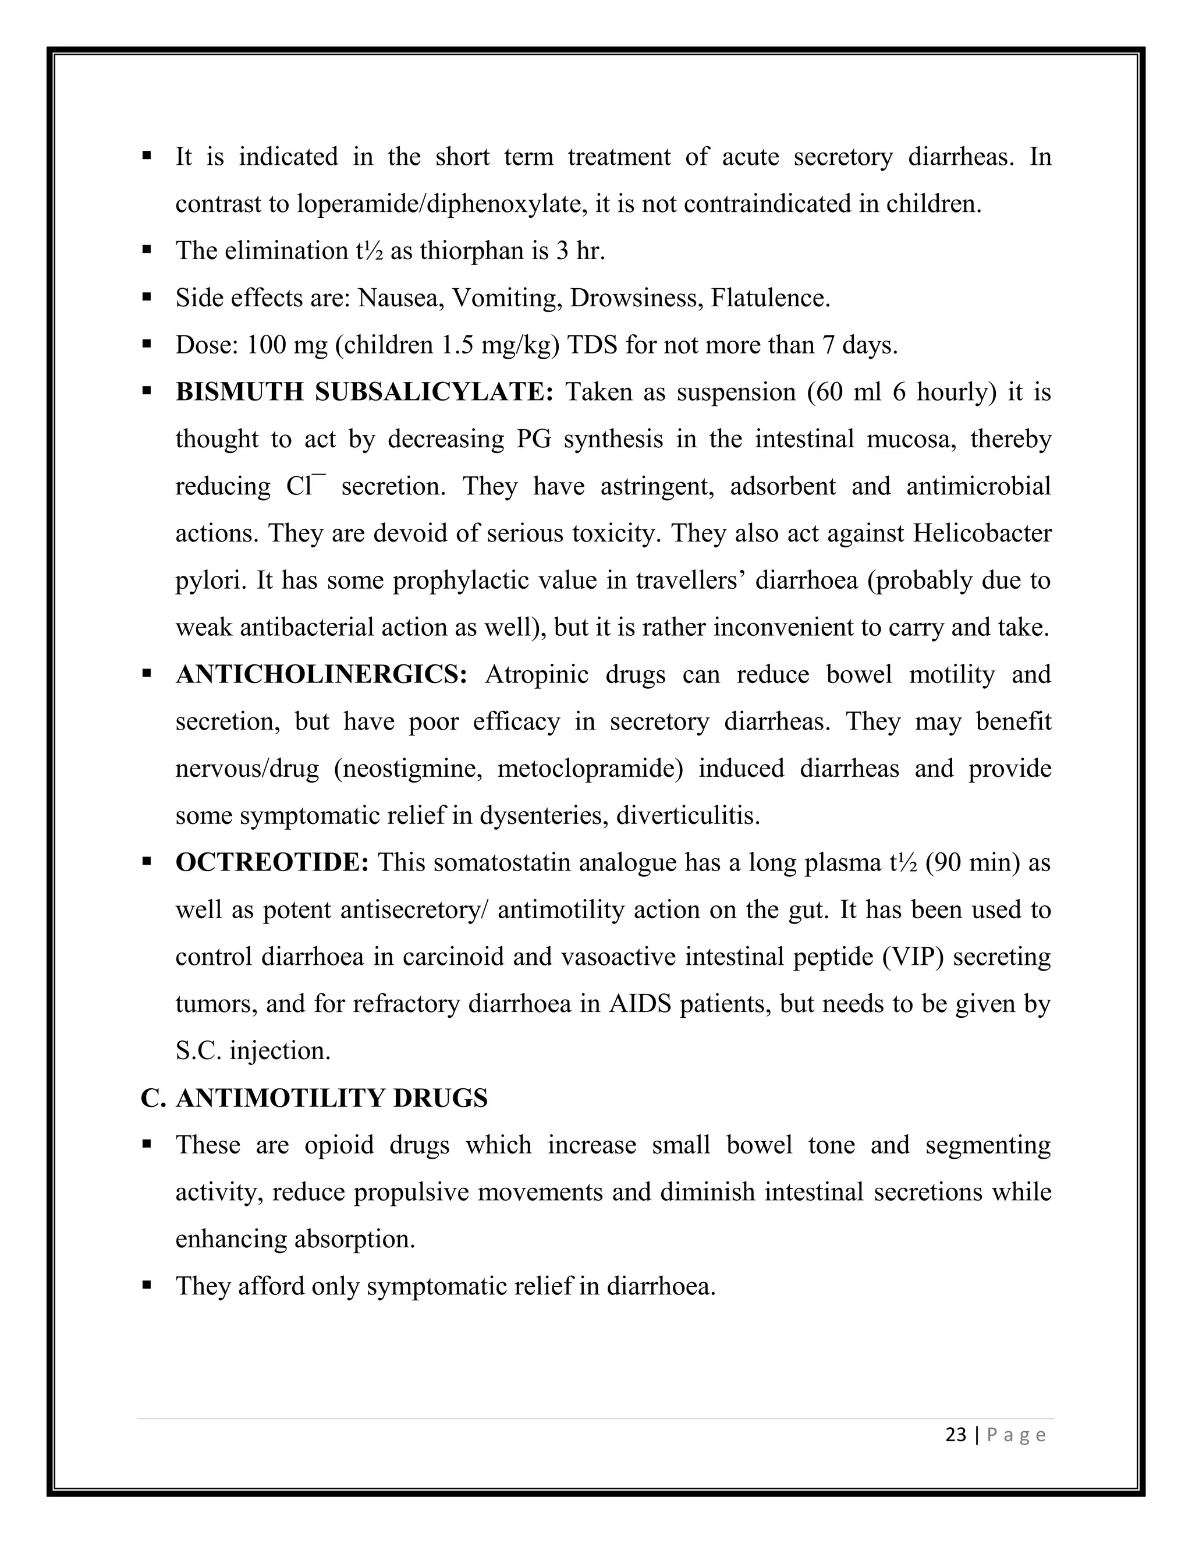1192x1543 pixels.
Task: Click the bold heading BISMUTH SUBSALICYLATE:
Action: pos(364,392)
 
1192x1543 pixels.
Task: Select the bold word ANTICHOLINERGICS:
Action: pos(321,675)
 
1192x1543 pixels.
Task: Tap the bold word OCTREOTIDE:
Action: pos(272,863)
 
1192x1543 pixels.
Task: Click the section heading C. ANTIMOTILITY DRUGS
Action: pos(314,1098)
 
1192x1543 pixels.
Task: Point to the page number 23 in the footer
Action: pos(956,1435)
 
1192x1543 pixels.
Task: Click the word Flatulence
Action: pos(771,298)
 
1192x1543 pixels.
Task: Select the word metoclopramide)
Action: pos(590,769)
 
